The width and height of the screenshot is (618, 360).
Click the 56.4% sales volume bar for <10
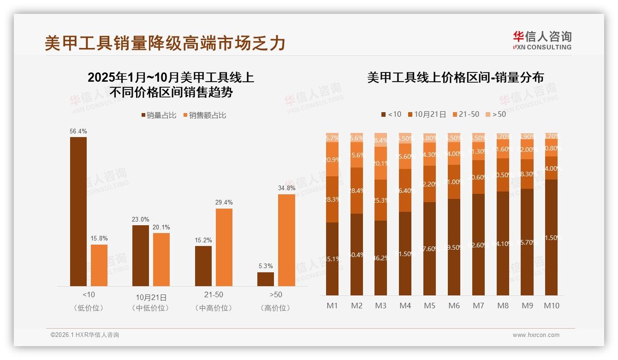point(78,211)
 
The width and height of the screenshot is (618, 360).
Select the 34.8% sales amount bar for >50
point(286,240)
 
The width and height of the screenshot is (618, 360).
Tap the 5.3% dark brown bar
point(265,279)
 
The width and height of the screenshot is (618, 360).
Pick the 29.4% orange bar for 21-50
point(224,247)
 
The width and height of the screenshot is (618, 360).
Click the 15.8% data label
point(99,239)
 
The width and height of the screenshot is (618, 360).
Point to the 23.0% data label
point(141,219)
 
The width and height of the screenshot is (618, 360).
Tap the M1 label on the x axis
point(332,306)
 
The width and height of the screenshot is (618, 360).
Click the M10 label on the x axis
point(552,306)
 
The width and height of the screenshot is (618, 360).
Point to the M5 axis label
point(429,306)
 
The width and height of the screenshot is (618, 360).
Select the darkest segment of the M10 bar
point(552,237)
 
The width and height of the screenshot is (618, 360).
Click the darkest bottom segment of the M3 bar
point(380,258)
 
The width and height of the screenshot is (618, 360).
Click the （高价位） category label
point(275,308)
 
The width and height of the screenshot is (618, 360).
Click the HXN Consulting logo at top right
point(542,41)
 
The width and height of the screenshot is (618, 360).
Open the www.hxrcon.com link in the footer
point(536,335)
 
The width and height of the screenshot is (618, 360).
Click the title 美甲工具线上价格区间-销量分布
point(455,78)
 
